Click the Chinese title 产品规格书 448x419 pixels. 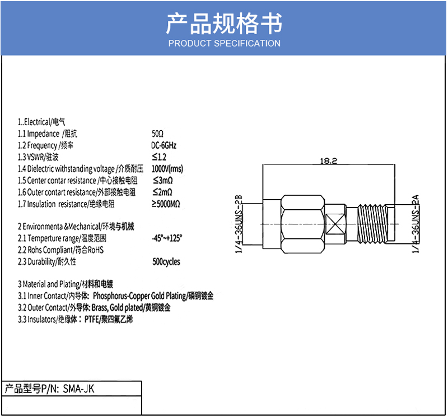click(x=224, y=24)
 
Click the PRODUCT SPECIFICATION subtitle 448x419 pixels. click(x=224, y=43)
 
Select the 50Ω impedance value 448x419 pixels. click(x=157, y=133)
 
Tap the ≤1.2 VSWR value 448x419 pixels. click(x=159, y=157)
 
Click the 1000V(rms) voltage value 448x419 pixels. click(x=167, y=169)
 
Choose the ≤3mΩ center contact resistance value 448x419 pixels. click(x=163, y=181)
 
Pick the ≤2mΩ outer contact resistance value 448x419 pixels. click(x=163, y=192)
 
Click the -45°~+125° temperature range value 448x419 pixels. click(x=167, y=238)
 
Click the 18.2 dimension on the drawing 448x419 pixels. click(x=328, y=161)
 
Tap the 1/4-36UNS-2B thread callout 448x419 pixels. click(x=237, y=223)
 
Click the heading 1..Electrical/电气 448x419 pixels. click(x=41, y=122)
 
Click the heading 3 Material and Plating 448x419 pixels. click(x=69, y=284)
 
